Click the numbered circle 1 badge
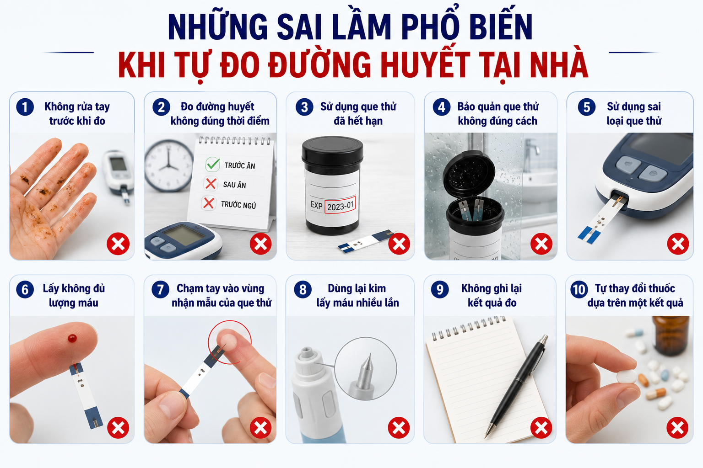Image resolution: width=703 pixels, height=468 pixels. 25,107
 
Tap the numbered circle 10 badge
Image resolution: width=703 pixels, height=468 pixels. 579,289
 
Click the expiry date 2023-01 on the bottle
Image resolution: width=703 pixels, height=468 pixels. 340,206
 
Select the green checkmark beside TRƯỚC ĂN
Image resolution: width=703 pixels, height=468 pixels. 213,164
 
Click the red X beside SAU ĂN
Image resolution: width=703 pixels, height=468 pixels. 211,184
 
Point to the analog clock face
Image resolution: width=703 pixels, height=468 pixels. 168,165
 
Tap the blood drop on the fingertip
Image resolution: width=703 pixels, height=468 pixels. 72,338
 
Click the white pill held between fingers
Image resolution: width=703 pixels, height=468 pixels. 627,376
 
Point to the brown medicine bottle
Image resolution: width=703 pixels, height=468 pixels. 671,335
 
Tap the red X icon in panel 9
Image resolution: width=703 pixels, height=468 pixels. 541,428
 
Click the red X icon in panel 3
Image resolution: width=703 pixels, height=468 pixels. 399,244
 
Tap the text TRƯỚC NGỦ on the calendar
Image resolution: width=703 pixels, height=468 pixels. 238,205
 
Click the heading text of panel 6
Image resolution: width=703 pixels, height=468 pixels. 74,295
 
